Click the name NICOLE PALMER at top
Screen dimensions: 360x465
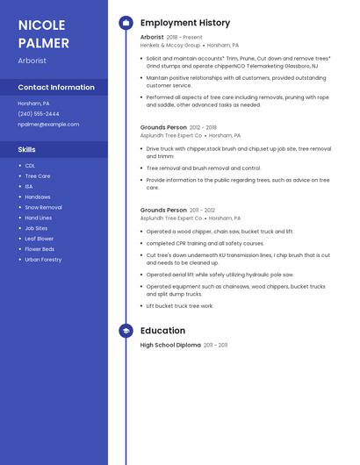tap(44, 32)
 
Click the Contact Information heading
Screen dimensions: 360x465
tap(56, 88)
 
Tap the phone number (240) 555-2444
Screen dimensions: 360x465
tap(39, 114)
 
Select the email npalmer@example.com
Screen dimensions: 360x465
tap(48, 125)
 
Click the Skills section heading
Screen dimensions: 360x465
tap(26, 150)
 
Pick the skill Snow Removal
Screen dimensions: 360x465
tap(43, 208)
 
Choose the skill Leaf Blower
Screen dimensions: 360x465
tap(40, 239)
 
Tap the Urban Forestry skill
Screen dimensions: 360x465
tap(43, 260)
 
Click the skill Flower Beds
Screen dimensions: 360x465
tap(40, 249)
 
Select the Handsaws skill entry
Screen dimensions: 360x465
tap(38, 197)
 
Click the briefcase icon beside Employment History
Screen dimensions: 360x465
tap(126, 23)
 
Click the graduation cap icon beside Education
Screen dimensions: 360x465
tap(126, 331)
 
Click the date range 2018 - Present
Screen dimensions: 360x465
tap(184, 38)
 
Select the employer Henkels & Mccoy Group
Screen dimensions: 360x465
tap(170, 45)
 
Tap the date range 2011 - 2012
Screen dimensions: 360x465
tap(203, 211)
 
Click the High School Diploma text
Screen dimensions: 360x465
tap(170, 346)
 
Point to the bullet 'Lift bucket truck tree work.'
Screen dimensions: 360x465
tap(180, 306)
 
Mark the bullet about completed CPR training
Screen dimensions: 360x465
tap(205, 243)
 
